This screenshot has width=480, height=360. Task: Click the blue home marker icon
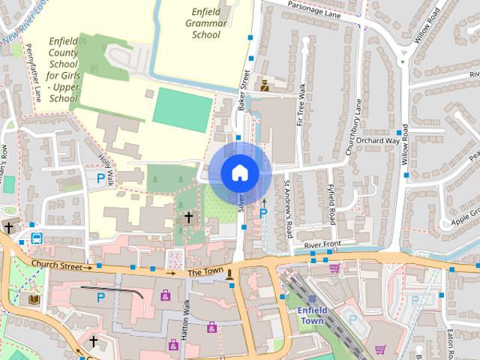pyautogui.click(x=239, y=172)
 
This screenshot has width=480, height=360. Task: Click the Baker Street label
pyautogui.click(x=243, y=91)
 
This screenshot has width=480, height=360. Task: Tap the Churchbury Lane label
pyautogui.click(x=354, y=127)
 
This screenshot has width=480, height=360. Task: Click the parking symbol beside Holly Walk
pyautogui.click(x=101, y=178)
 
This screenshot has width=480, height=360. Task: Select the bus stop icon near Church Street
pyautogui.click(x=37, y=238)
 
